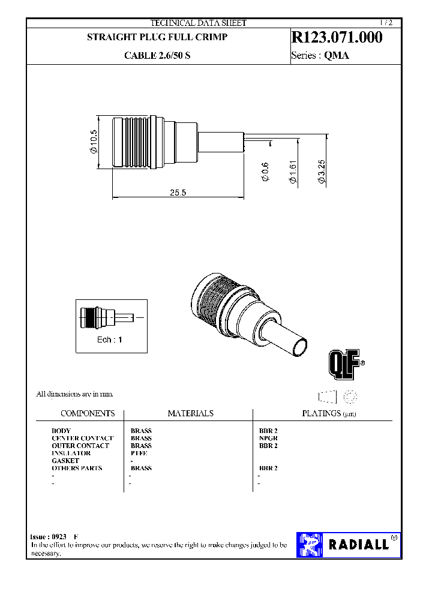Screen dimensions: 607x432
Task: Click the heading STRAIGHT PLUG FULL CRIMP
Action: (x=157, y=37)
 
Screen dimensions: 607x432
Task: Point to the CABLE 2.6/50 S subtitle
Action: (x=158, y=55)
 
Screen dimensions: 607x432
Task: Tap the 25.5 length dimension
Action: (x=178, y=193)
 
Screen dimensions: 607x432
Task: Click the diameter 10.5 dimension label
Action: (x=94, y=143)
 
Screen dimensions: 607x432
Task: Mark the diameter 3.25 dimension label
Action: (x=321, y=172)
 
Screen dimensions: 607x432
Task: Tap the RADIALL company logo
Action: (x=347, y=545)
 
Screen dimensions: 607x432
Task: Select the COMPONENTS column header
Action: (x=88, y=413)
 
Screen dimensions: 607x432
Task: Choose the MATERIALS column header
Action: (x=190, y=413)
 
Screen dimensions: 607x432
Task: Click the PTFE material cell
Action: (x=139, y=453)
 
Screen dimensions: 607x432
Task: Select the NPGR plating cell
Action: (x=268, y=438)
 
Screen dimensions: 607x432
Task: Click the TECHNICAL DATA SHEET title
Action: (x=198, y=23)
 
